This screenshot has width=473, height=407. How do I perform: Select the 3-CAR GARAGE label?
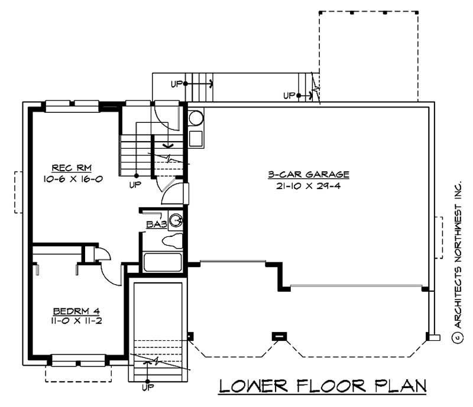click(308, 175)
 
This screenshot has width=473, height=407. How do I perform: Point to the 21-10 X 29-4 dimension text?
click(309, 185)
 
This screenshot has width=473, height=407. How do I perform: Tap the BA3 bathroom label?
click(155, 224)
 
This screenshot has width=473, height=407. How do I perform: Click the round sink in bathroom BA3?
click(176, 222)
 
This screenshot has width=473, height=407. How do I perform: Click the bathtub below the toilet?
click(163, 262)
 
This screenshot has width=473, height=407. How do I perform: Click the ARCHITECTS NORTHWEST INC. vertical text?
click(457, 254)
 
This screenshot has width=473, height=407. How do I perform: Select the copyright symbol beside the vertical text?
click(457, 338)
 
